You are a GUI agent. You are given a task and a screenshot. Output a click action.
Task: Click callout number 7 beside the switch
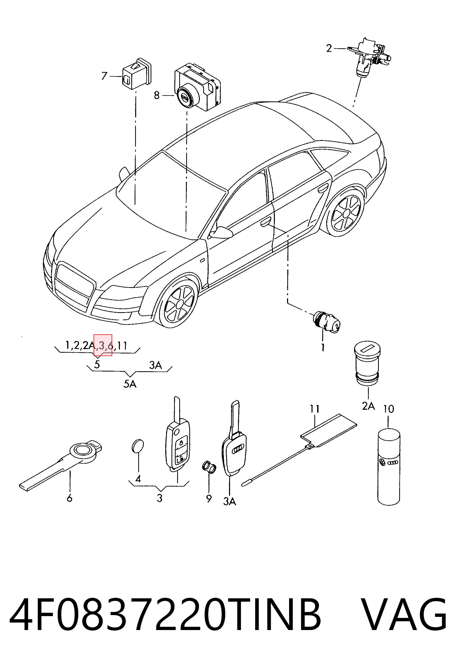[104, 76]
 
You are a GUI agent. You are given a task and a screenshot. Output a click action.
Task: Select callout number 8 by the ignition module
[157, 95]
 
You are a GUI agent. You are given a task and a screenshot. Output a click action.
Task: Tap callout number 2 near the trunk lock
[329, 48]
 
